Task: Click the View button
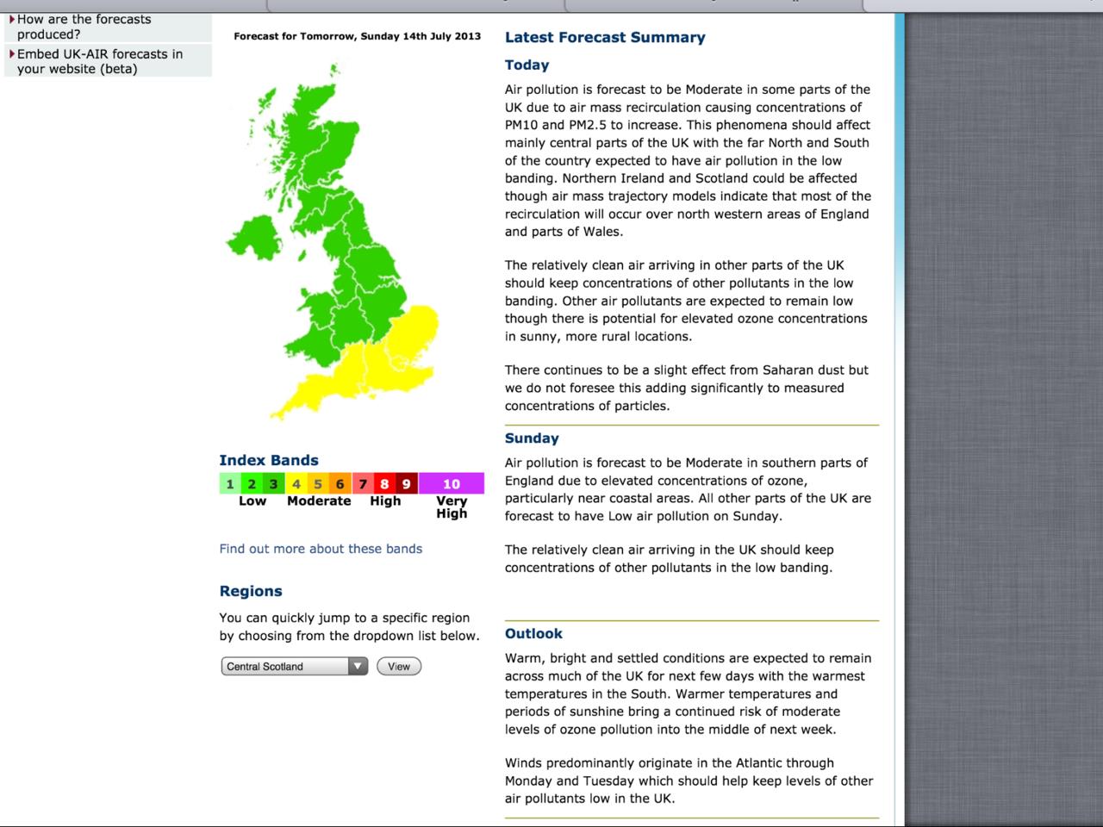399,667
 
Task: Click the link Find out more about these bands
321,549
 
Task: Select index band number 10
452,484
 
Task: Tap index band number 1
230,484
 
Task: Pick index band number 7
363,484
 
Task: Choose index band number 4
296,484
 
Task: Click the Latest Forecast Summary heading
605,38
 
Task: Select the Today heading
527,65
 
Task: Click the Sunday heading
532,438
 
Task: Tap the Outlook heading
533,634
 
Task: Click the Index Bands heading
269,461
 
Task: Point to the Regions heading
251,592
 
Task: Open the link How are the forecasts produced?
84,27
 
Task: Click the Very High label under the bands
452,507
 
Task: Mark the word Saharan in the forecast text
788,370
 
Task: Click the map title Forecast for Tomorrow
357,37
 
